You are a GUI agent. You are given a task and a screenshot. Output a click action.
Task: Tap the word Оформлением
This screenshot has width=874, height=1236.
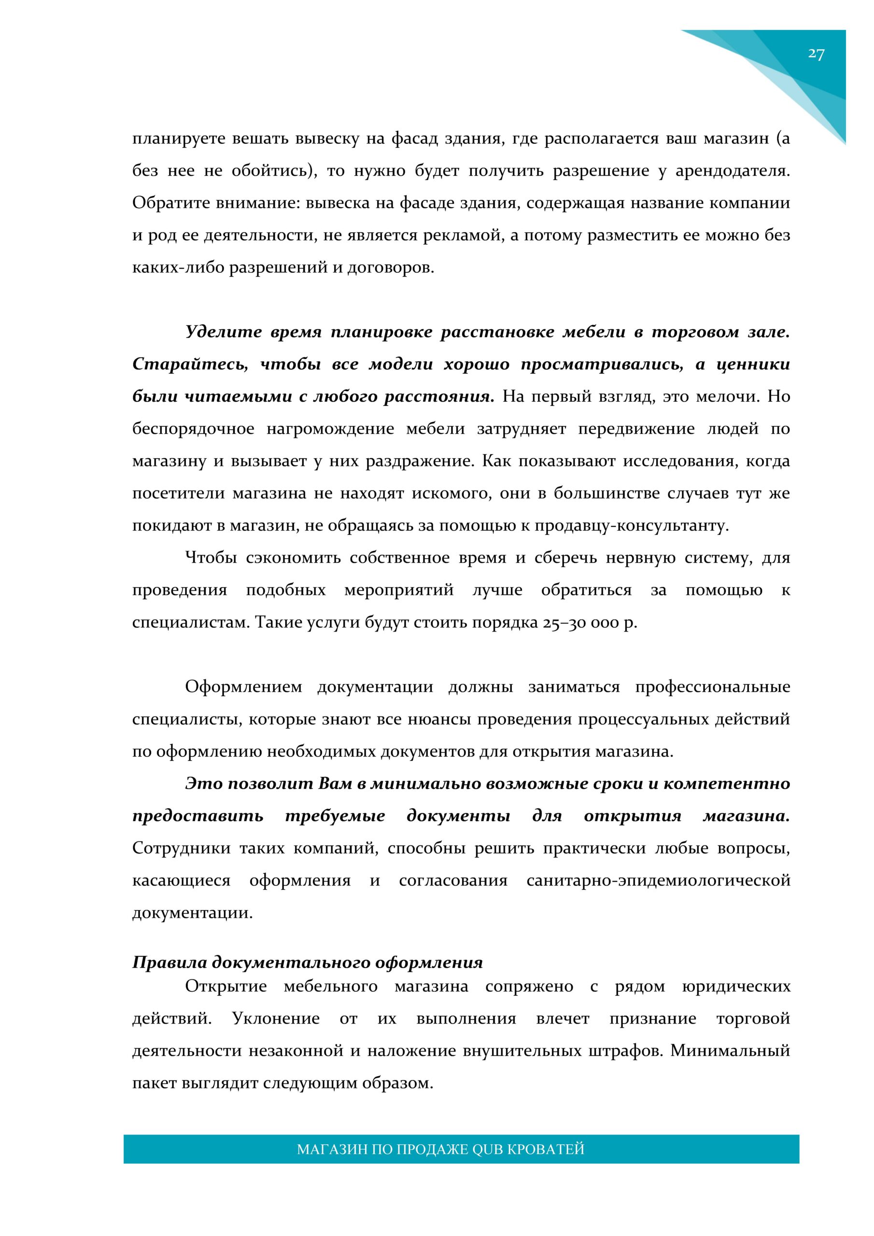[x=243, y=688]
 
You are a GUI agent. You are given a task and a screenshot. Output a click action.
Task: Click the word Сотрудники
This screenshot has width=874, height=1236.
[x=182, y=848]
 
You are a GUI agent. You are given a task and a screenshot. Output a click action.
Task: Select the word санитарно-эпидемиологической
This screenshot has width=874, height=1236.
[x=658, y=881]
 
